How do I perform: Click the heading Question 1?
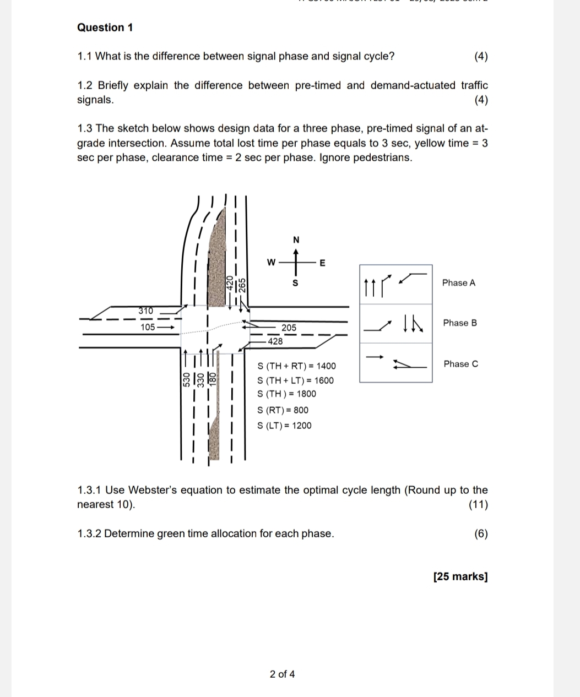point(105,28)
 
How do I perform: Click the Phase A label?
point(458,283)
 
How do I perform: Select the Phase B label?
point(460,323)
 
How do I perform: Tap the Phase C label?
point(460,364)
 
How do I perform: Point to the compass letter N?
point(296,240)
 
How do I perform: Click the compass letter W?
point(270,263)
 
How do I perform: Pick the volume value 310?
point(145,311)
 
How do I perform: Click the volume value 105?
point(148,327)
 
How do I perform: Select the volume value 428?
point(275,341)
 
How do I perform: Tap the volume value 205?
point(289,328)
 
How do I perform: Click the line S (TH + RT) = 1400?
point(296,366)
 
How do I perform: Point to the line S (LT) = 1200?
point(284,426)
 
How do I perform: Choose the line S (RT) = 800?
point(283,410)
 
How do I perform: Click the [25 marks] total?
point(460,576)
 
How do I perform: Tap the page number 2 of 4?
point(282,674)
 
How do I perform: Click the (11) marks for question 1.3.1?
point(478,504)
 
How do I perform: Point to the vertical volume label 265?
point(242,285)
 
